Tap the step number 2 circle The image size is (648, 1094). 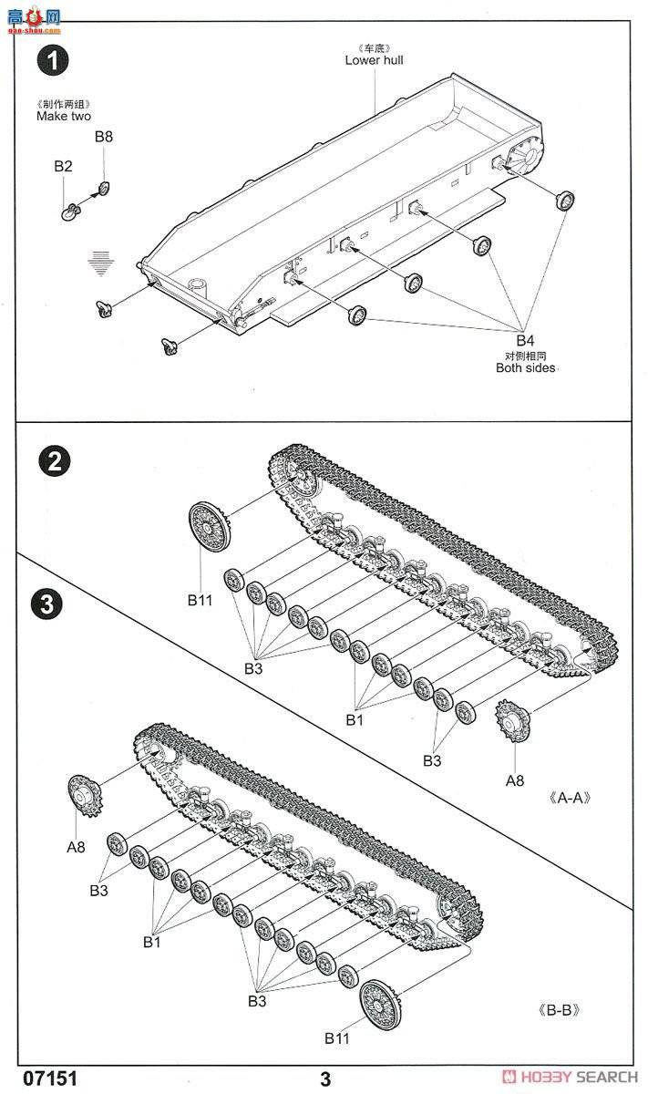click(x=55, y=461)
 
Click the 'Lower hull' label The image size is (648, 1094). click(x=374, y=60)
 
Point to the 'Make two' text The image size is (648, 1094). click(x=64, y=116)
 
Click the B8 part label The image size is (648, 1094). click(x=104, y=137)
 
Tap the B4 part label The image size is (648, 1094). click(x=525, y=343)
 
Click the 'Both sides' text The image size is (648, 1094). click(x=525, y=368)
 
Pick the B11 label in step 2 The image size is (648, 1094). click(x=200, y=600)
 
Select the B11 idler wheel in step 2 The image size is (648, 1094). click(x=209, y=526)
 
